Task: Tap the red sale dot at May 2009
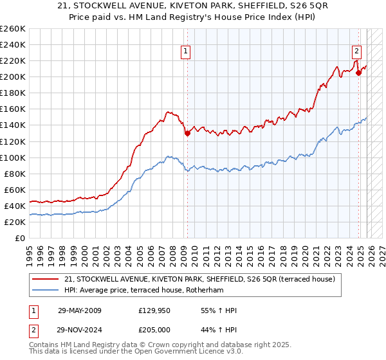187,134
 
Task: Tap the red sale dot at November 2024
359,73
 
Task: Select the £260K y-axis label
12,29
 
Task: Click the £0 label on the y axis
19,238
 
